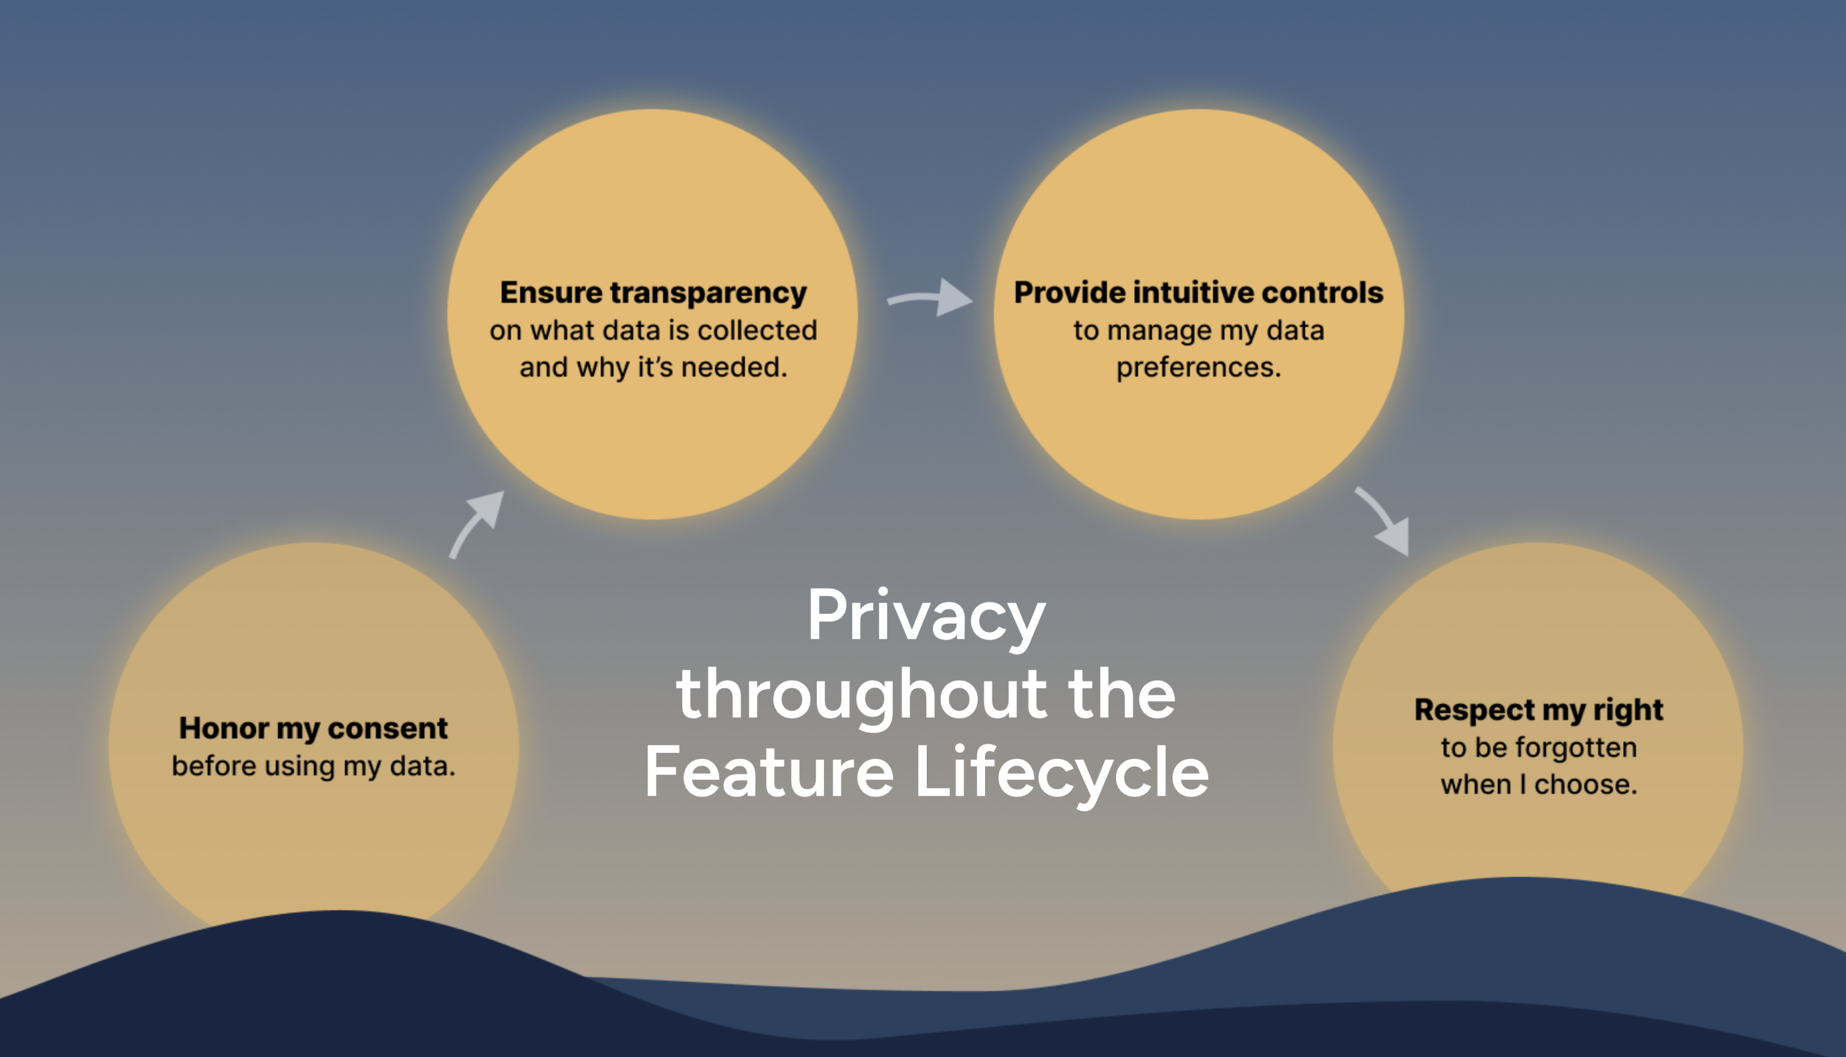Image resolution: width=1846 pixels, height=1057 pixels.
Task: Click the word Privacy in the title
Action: (926, 616)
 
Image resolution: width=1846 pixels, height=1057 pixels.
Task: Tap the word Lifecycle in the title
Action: (1062, 772)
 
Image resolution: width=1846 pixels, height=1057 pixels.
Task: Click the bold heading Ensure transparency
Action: (653, 293)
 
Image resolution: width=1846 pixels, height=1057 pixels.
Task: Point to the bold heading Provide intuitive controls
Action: (1198, 293)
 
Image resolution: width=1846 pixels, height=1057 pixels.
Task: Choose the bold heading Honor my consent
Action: (313, 728)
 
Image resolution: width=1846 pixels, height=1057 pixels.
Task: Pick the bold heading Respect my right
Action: (1538, 709)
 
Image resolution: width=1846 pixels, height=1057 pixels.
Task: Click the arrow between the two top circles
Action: (932, 298)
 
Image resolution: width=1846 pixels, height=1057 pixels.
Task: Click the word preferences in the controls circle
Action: (1198, 367)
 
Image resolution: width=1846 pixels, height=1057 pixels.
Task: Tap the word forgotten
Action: (1575, 747)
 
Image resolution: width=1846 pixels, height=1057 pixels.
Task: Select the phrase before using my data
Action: (313, 766)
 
